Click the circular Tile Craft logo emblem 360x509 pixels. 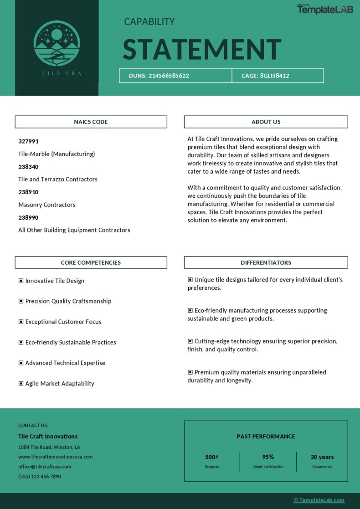click(57, 44)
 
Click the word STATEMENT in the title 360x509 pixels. click(202, 50)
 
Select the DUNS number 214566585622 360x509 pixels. click(169, 76)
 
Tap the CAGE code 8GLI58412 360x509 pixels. click(274, 76)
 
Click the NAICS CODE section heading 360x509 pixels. click(91, 122)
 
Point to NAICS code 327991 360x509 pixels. click(28, 141)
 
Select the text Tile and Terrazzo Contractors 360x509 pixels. click(58, 179)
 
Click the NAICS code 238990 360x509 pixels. click(28, 217)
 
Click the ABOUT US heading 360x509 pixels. click(266, 122)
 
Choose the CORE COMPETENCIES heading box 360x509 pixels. click(91, 262)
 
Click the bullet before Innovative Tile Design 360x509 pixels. click(21, 281)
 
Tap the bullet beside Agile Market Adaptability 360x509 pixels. click(21, 383)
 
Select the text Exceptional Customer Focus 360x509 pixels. click(63, 322)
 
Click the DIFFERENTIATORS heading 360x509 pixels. click(266, 262)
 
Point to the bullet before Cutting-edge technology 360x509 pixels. click(190, 341)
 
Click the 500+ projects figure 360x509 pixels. click(212, 457)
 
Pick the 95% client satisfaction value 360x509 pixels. click(268, 457)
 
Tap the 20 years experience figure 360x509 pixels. click(322, 457)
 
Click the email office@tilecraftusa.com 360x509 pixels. click(45, 467)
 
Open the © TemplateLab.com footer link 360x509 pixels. click(319, 500)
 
